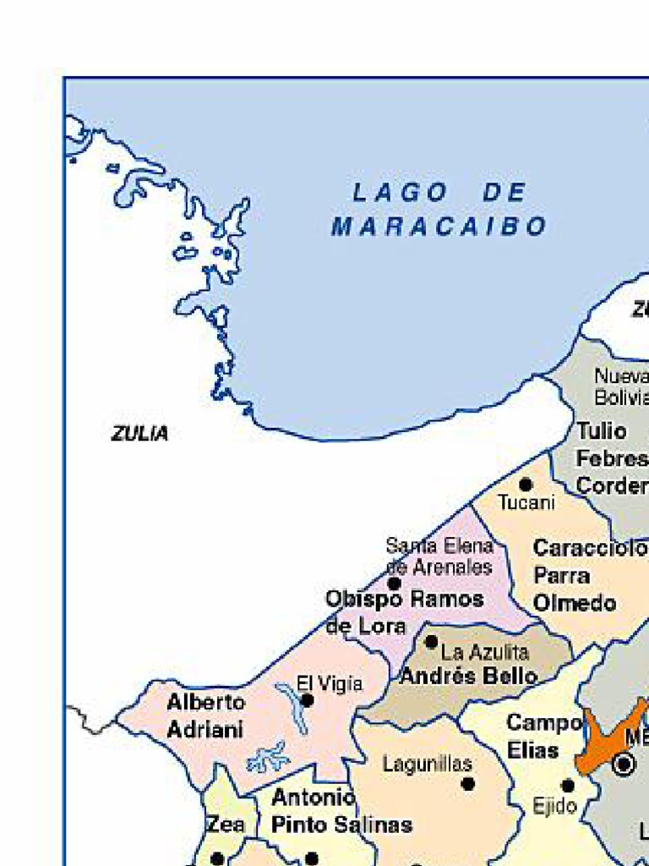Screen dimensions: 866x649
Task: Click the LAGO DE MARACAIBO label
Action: click(439, 210)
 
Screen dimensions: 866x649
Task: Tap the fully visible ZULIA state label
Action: click(139, 434)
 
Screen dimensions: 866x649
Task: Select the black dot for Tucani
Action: click(526, 485)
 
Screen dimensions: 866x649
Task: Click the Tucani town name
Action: click(526, 503)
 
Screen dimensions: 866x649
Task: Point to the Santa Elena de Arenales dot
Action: click(394, 584)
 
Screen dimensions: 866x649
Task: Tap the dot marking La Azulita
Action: click(431, 642)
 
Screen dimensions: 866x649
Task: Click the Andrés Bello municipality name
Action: click(468, 677)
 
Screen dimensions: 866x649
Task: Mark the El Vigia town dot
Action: click(308, 700)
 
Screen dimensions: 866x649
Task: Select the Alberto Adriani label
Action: click(205, 715)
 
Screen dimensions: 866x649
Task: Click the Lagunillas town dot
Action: click(467, 784)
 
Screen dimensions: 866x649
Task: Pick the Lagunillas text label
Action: click(427, 765)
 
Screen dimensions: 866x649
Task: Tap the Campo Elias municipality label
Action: click(543, 737)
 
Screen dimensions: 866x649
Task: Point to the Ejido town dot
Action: click(568, 786)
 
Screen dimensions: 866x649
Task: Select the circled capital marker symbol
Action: click(624, 765)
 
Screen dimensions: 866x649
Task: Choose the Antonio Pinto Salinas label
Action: click(341, 811)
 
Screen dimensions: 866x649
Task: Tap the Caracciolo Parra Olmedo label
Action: click(587, 576)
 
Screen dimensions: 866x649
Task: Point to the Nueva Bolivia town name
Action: click(621, 386)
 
